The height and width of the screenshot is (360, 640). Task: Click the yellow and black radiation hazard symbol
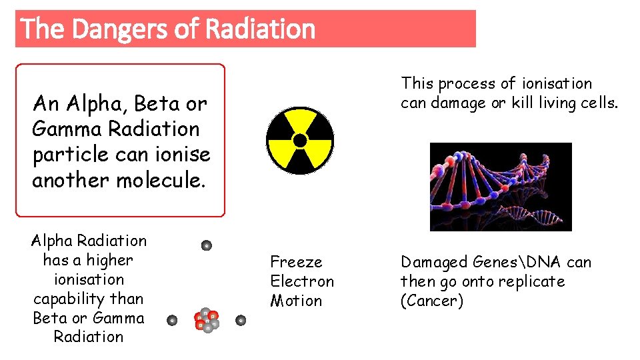(300, 141)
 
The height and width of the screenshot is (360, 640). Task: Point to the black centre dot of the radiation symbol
(300, 141)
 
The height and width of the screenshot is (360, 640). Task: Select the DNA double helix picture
(501, 187)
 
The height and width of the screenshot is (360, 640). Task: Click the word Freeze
(296, 263)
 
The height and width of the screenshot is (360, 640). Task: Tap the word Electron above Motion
(302, 281)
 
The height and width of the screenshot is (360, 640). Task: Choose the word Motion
(296, 301)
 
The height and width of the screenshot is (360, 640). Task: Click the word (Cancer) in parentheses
(431, 301)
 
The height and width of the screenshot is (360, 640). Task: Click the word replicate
(533, 281)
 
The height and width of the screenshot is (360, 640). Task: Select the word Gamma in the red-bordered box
(62, 129)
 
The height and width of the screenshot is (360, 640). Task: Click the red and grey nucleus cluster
(207, 320)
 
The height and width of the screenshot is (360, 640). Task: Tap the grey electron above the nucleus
(207, 245)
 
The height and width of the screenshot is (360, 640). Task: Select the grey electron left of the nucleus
(172, 321)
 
